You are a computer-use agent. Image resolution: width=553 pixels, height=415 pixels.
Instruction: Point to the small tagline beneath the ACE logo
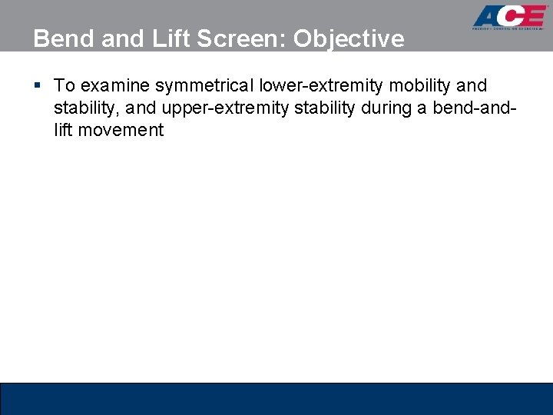508,33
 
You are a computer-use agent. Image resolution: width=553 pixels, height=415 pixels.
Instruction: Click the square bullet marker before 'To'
38,85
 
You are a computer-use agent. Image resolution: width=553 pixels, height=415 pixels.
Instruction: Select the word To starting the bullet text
64,85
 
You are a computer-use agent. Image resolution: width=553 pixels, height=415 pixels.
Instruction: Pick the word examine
114,85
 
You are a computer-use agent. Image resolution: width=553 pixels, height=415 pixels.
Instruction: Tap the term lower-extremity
313,85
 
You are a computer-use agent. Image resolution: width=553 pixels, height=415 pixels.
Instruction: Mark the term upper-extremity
213,108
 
